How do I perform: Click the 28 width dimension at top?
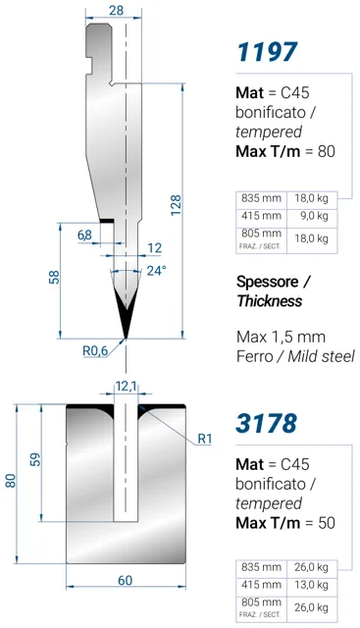click(x=116, y=10)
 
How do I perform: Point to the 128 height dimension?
click(x=176, y=205)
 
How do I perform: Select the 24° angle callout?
click(x=156, y=271)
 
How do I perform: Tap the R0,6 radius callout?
click(x=95, y=350)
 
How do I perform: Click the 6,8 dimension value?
click(x=84, y=235)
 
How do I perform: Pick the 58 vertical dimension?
click(x=54, y=277)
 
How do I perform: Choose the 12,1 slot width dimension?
click(x=126, y=387)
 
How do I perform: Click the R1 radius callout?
click(x=205, y=439)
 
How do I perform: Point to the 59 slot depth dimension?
click(x=35, y=460)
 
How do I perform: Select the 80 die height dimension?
click(x=11, y=480)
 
